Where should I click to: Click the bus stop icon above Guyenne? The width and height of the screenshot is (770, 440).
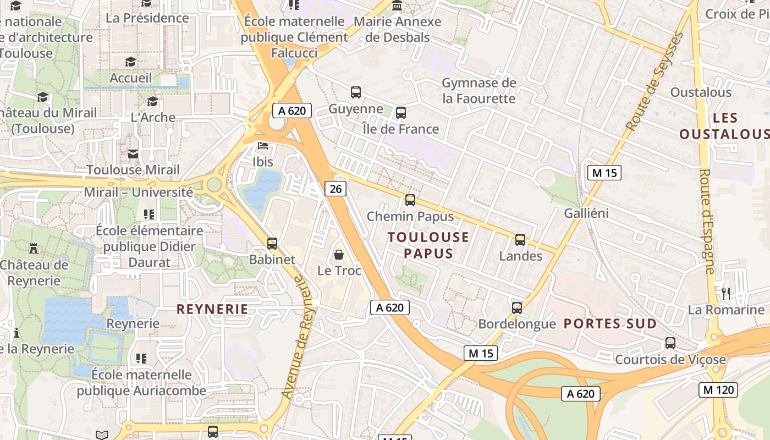356,92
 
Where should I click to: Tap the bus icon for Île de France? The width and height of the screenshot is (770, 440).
401,113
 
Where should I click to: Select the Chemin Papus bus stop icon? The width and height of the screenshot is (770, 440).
410,200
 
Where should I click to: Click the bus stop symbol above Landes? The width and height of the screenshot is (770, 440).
520,240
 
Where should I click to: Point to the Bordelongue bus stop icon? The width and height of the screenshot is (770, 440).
517,308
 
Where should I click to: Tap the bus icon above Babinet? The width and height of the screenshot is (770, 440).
272,243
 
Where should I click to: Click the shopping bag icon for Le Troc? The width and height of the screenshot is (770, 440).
339,255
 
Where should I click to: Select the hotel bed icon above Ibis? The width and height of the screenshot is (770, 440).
263,146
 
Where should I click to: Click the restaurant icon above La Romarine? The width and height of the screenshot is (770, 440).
726,293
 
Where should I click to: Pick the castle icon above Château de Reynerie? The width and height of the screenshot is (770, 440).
34,249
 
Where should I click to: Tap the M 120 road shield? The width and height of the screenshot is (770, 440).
718,390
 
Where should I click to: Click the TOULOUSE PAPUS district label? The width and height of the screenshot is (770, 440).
428,245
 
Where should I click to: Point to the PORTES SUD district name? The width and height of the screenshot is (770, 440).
610,323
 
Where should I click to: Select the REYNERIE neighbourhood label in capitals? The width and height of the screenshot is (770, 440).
212,309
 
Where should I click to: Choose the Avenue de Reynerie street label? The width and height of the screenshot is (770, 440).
296,337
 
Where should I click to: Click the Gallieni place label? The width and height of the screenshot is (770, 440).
586,213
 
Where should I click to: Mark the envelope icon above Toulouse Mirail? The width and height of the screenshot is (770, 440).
133,154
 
